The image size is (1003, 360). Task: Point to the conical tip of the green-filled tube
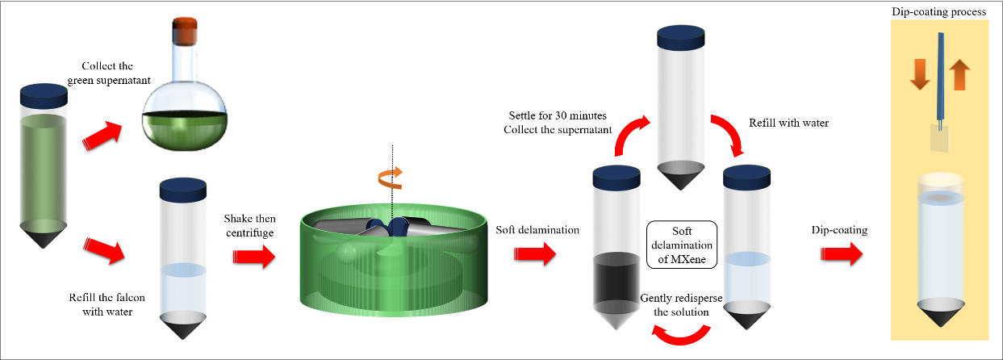coord(44,238)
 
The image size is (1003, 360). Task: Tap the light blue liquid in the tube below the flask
coord(184,288)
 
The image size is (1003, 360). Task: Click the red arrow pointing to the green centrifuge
coord(253,257)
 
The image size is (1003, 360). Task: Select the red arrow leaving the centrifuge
coord(535,255)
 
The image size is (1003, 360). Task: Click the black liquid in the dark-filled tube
coord(616,282)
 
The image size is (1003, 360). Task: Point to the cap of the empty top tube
coord(682,36)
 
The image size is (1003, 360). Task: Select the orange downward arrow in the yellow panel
coord(919,73)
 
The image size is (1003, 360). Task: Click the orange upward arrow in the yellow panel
coord(959,74)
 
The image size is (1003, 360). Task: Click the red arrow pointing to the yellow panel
coord(841,254)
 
